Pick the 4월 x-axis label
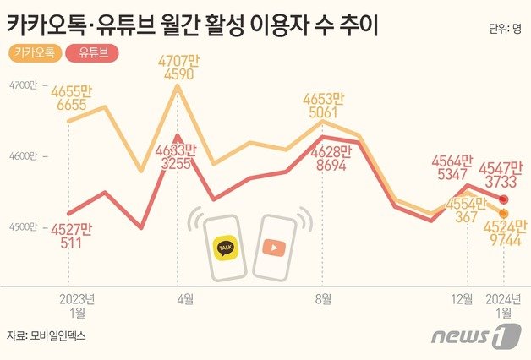click(185, 298)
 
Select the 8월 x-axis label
click(322, 298)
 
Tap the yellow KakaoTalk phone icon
click(224, 247)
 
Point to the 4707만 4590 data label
click(178, 67)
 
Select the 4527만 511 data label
click(71, 234)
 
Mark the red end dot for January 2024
click(504, 199)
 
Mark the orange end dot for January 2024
click(504, 213)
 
